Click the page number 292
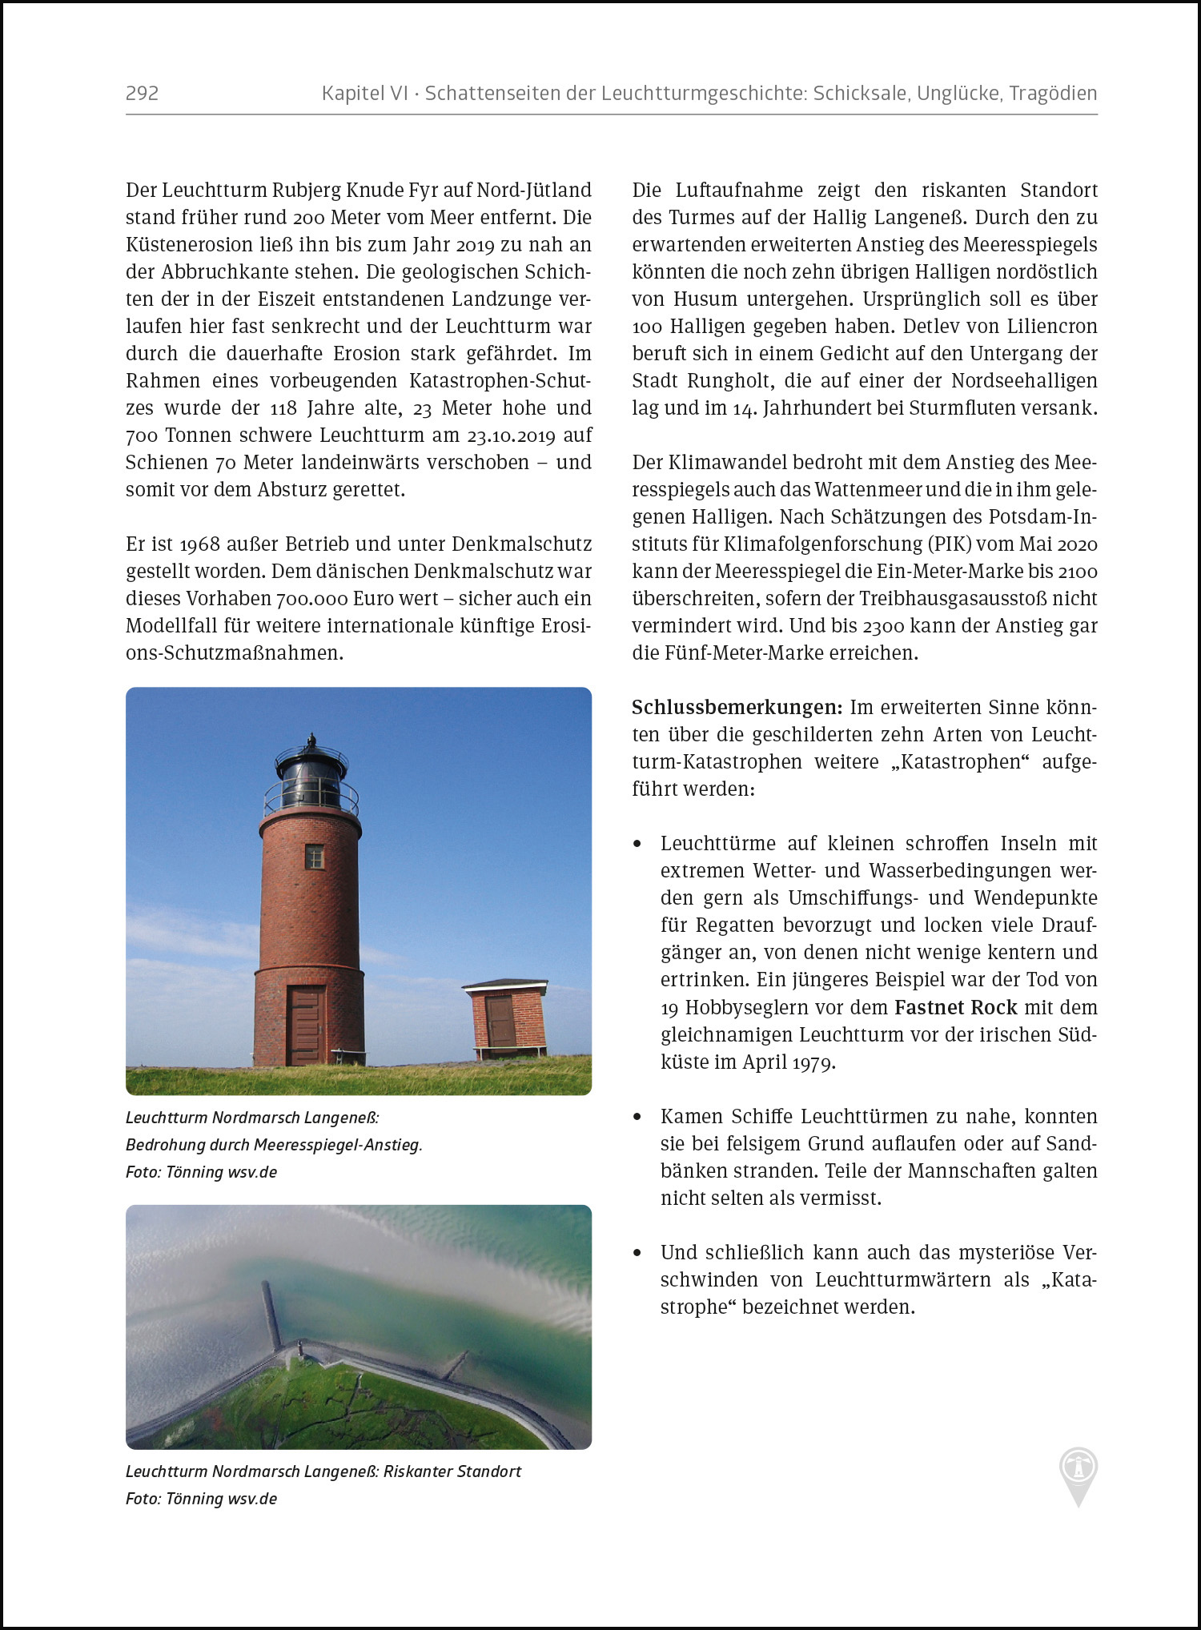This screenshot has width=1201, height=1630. tap(142, 94)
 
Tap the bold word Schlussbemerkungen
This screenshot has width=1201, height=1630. tap(736, 708)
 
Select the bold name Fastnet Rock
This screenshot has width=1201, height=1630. tap(955, 1007)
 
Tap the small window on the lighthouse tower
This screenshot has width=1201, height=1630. tap(315, 857)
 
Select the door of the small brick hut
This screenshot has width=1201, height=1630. tap(501, 1021)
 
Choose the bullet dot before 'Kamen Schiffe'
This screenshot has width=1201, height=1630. tap(637, 1117)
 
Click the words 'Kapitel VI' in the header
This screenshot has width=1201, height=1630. tap(364, 94)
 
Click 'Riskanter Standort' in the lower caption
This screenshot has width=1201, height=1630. tap(452, 1471)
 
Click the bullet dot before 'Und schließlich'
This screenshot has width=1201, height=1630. tap(637, 1253)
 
